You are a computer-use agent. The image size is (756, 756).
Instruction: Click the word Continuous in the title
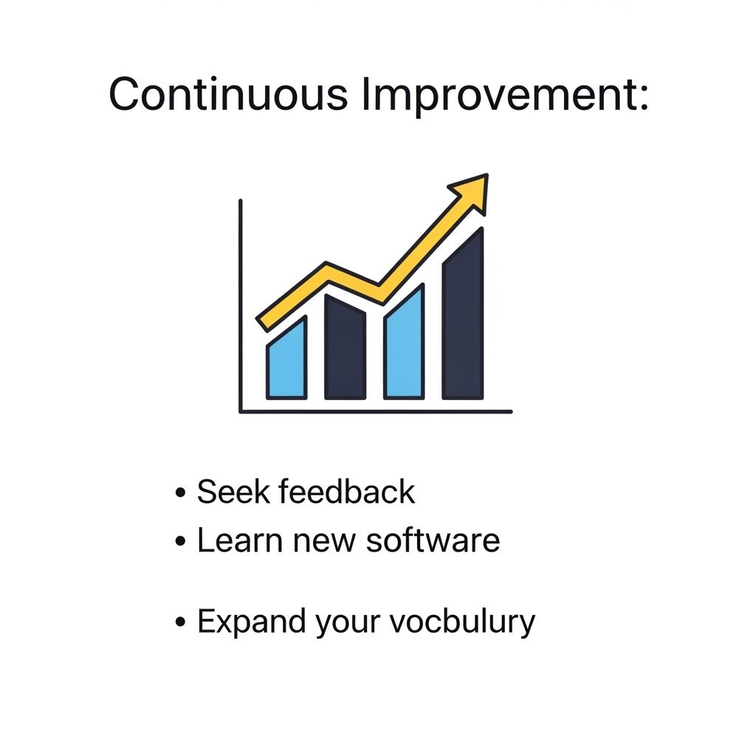click(228, 94)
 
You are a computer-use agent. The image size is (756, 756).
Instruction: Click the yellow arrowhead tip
click(487, 174)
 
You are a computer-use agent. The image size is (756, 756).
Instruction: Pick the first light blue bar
click(287, 360)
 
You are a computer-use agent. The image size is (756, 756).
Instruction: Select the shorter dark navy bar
click(346, 348)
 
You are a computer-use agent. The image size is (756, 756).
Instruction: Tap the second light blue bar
click(404, 343)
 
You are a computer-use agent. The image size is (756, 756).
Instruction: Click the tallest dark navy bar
click(463, 315)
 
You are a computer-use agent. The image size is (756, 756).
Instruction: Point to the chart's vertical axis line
click(241, 306)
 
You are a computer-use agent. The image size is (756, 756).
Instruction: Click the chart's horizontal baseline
click(376, 412)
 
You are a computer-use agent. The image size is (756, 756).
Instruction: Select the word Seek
click(233, 492)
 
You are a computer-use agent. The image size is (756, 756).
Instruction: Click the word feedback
click(347, 491)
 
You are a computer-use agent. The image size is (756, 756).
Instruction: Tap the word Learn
click(240, 540)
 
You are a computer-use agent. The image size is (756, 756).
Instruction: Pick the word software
click(433, 540)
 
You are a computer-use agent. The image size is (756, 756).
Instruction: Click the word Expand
click(251, 622)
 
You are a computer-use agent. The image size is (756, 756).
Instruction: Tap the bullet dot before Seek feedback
click(180, 492)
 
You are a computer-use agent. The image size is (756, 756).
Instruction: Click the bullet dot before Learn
click(180, 541)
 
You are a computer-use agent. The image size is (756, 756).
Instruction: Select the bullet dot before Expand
click(180, 622)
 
